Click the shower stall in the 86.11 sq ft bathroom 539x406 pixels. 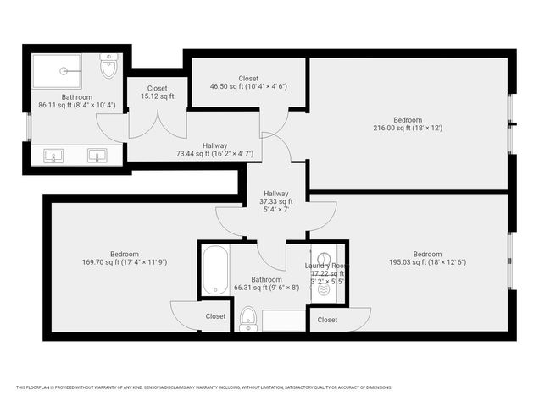58,70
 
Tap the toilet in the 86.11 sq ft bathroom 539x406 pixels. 108,68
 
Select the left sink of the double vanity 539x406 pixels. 53,156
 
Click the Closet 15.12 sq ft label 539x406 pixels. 157,92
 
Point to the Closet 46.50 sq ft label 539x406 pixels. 248,82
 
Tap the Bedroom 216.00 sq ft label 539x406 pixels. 408,123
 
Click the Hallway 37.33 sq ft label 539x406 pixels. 275,201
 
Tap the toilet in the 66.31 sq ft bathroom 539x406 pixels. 248,319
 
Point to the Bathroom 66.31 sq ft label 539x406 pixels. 266,283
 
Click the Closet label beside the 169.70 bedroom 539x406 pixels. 215,316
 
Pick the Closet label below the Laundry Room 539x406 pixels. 326,320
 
